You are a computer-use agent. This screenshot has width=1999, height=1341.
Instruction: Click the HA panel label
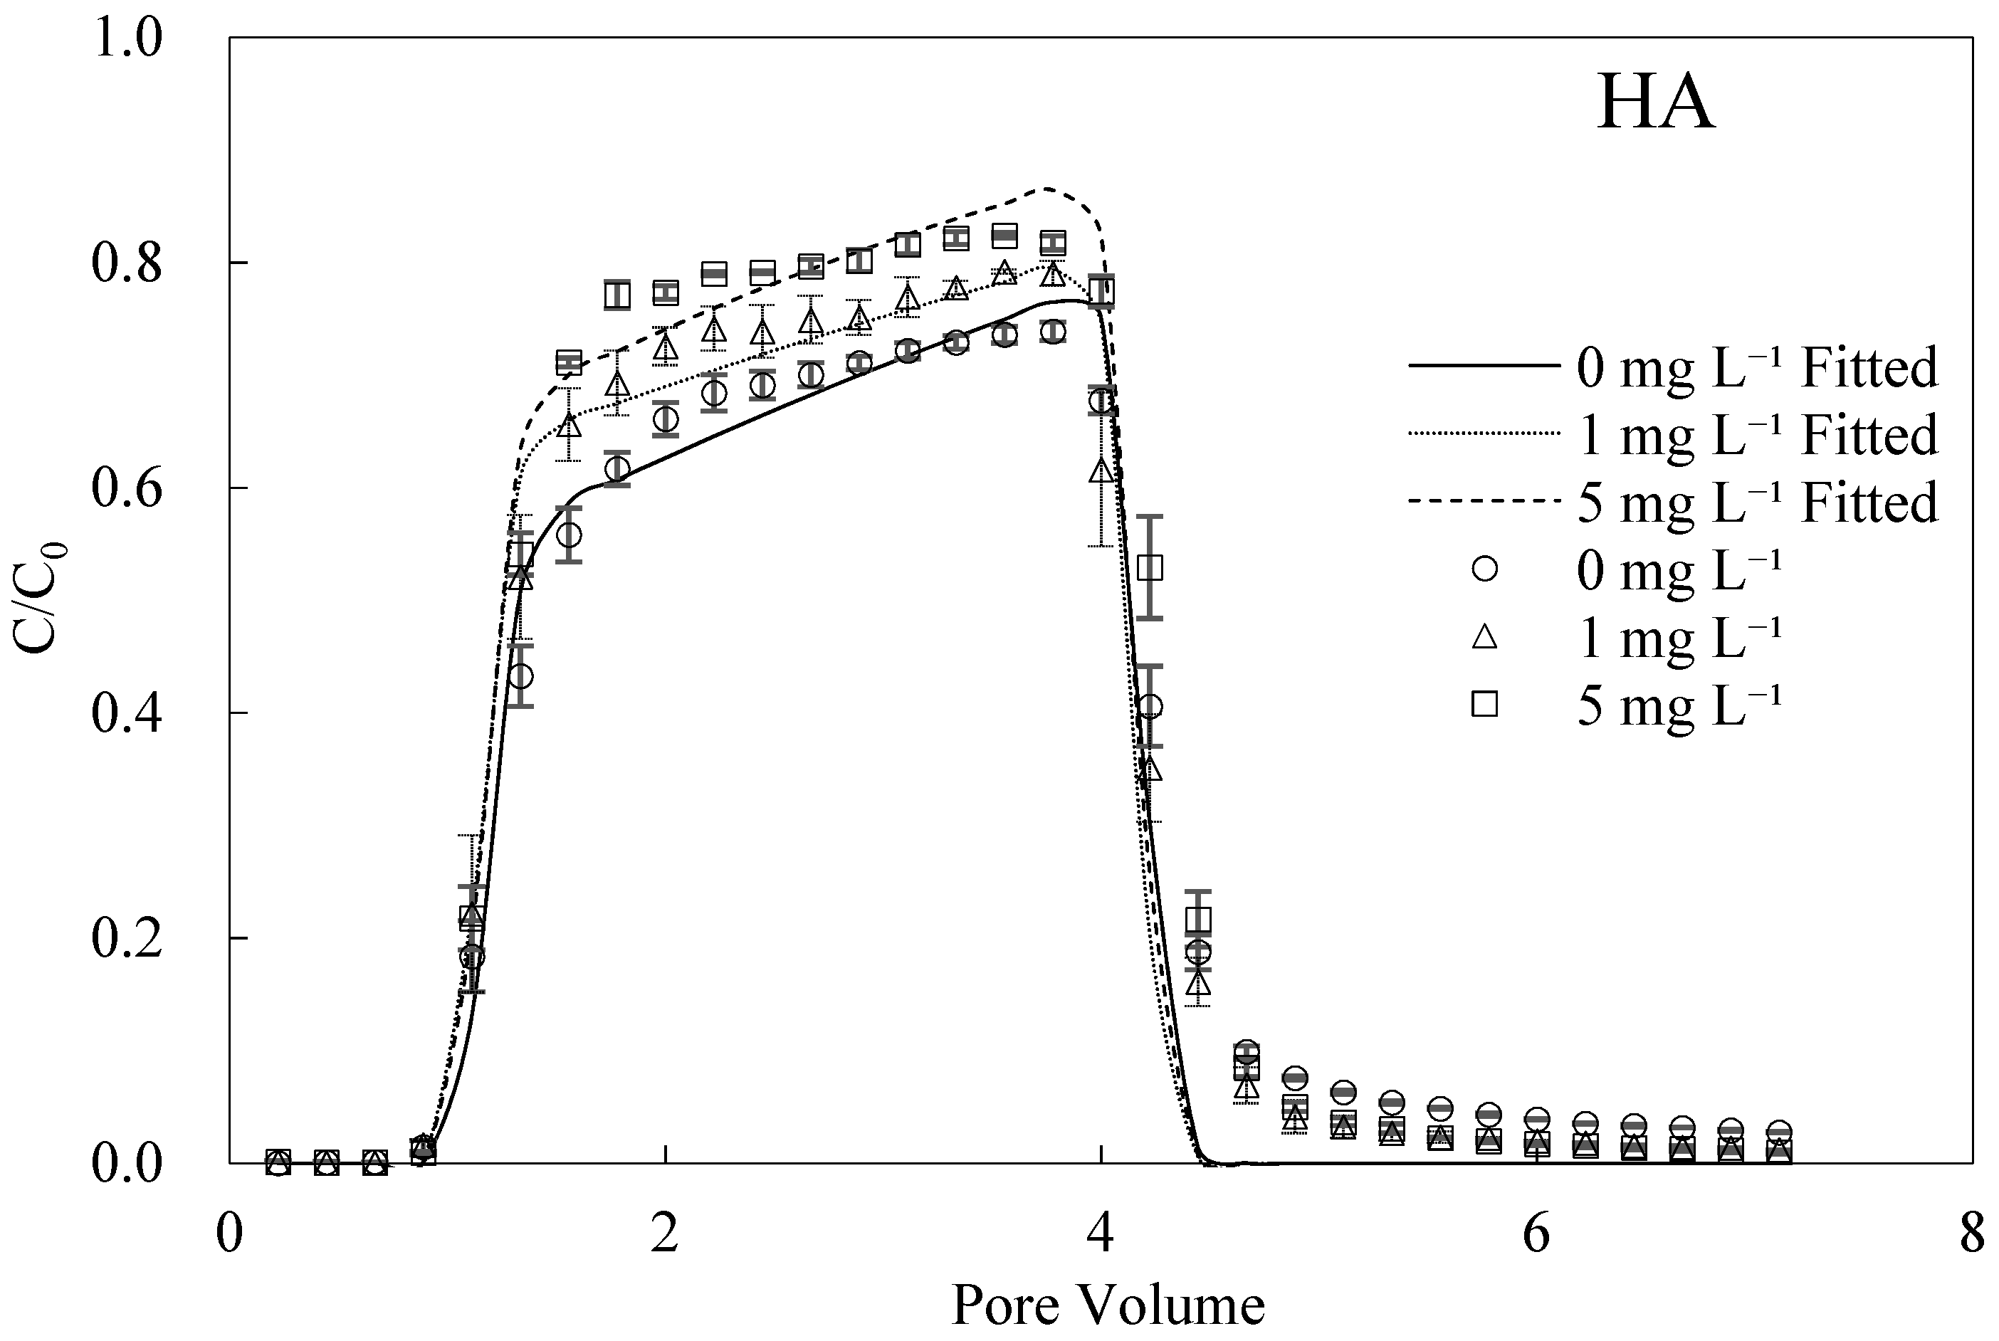pos(1655,103)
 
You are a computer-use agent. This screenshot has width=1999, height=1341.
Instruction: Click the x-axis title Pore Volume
pos(1108,1304)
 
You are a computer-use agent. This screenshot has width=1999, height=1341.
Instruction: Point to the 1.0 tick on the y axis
pos(127,39)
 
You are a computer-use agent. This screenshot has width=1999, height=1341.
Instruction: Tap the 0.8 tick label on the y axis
pos(127,263)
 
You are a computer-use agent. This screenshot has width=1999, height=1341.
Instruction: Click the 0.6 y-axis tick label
pos(127,488)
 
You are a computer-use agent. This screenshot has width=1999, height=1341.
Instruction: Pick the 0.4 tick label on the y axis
pos(127,713)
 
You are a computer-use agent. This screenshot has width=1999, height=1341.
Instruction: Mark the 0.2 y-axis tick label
pos(127,938)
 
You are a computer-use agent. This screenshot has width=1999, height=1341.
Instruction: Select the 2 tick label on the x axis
pos(665,1235)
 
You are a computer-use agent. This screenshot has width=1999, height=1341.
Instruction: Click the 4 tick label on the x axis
pos(1101,1235)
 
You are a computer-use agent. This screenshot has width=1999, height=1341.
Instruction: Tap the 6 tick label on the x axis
pos(1536,1235)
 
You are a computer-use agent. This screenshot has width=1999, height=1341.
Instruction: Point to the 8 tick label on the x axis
pos(1972,1235)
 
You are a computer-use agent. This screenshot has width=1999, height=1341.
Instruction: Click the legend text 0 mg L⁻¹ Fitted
pos(1757,368)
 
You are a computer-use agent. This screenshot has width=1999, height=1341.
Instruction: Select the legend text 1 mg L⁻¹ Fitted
pos(1757,434)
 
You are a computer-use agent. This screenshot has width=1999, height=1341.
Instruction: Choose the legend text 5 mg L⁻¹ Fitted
pos(1757,502)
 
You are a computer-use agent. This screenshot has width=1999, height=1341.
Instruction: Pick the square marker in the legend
pos(1485,704)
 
